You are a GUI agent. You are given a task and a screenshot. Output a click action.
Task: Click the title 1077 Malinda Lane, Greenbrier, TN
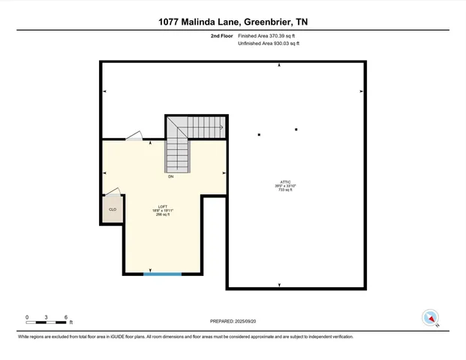(x=233, y=22)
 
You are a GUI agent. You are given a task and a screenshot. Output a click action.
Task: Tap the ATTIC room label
(x=285, y=181)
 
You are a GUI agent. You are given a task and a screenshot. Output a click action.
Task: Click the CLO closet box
(x=113, y=210)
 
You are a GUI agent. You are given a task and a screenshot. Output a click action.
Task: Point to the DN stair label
(x=171, y=176)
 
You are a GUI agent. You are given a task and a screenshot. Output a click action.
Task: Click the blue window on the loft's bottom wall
(x=163, y=274)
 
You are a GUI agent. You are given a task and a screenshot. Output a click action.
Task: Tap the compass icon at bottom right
(x=430, y=317)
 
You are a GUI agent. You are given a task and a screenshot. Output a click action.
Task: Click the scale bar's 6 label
(x=67, y=317)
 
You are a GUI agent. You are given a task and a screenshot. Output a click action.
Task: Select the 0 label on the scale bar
(x=27, y=317)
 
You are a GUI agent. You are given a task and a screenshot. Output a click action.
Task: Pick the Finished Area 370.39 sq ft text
(x=269, y=36)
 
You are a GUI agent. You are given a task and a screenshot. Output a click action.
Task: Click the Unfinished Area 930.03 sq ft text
(x=269, y=44)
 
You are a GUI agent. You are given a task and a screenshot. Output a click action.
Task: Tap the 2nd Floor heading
(x=221, y=36)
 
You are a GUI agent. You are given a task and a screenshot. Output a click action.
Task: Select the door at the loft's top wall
(x=134, y=136)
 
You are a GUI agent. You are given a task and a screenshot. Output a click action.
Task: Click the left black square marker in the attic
(x=259, y=135)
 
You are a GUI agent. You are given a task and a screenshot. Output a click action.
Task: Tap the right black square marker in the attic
(x=296, y=130)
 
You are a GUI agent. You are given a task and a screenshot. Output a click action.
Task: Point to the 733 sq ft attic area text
(x=285, y=190)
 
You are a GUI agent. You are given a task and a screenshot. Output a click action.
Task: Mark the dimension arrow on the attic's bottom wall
(x=280, y=285)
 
